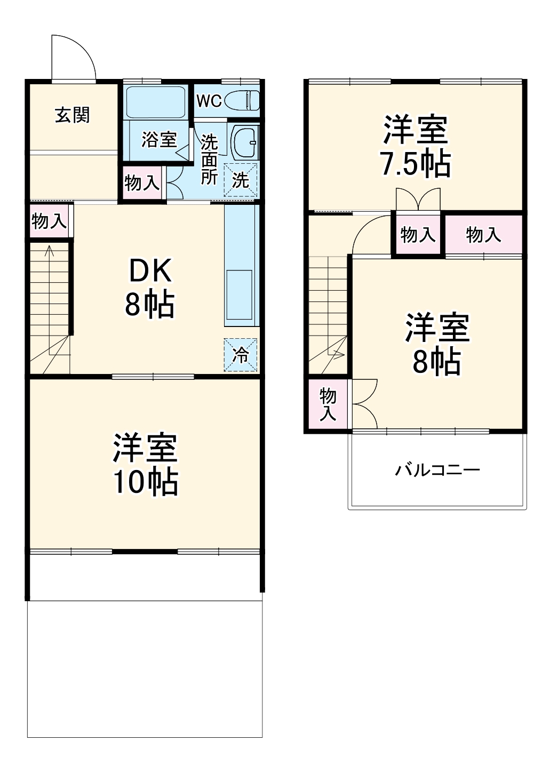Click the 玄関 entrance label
[x=73, y=115]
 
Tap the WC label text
[x=209, y=101]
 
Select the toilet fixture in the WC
[x=242, y=100]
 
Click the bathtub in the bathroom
[x=155, y=101]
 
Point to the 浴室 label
[x=159, y=140]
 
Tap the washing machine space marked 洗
[x=240, y=180]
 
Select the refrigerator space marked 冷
[x=241, y=354]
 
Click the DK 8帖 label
[x=149, y=288]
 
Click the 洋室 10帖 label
[x=145, y=465]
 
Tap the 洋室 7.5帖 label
[x=415, y=146]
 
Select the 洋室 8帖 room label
[x=437, y=344]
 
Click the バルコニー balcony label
[x=437, y=470]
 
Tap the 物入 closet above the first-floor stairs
[x=49, y=220]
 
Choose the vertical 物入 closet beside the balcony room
[x=328, y=404]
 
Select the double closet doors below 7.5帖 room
[x=419, y=200]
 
